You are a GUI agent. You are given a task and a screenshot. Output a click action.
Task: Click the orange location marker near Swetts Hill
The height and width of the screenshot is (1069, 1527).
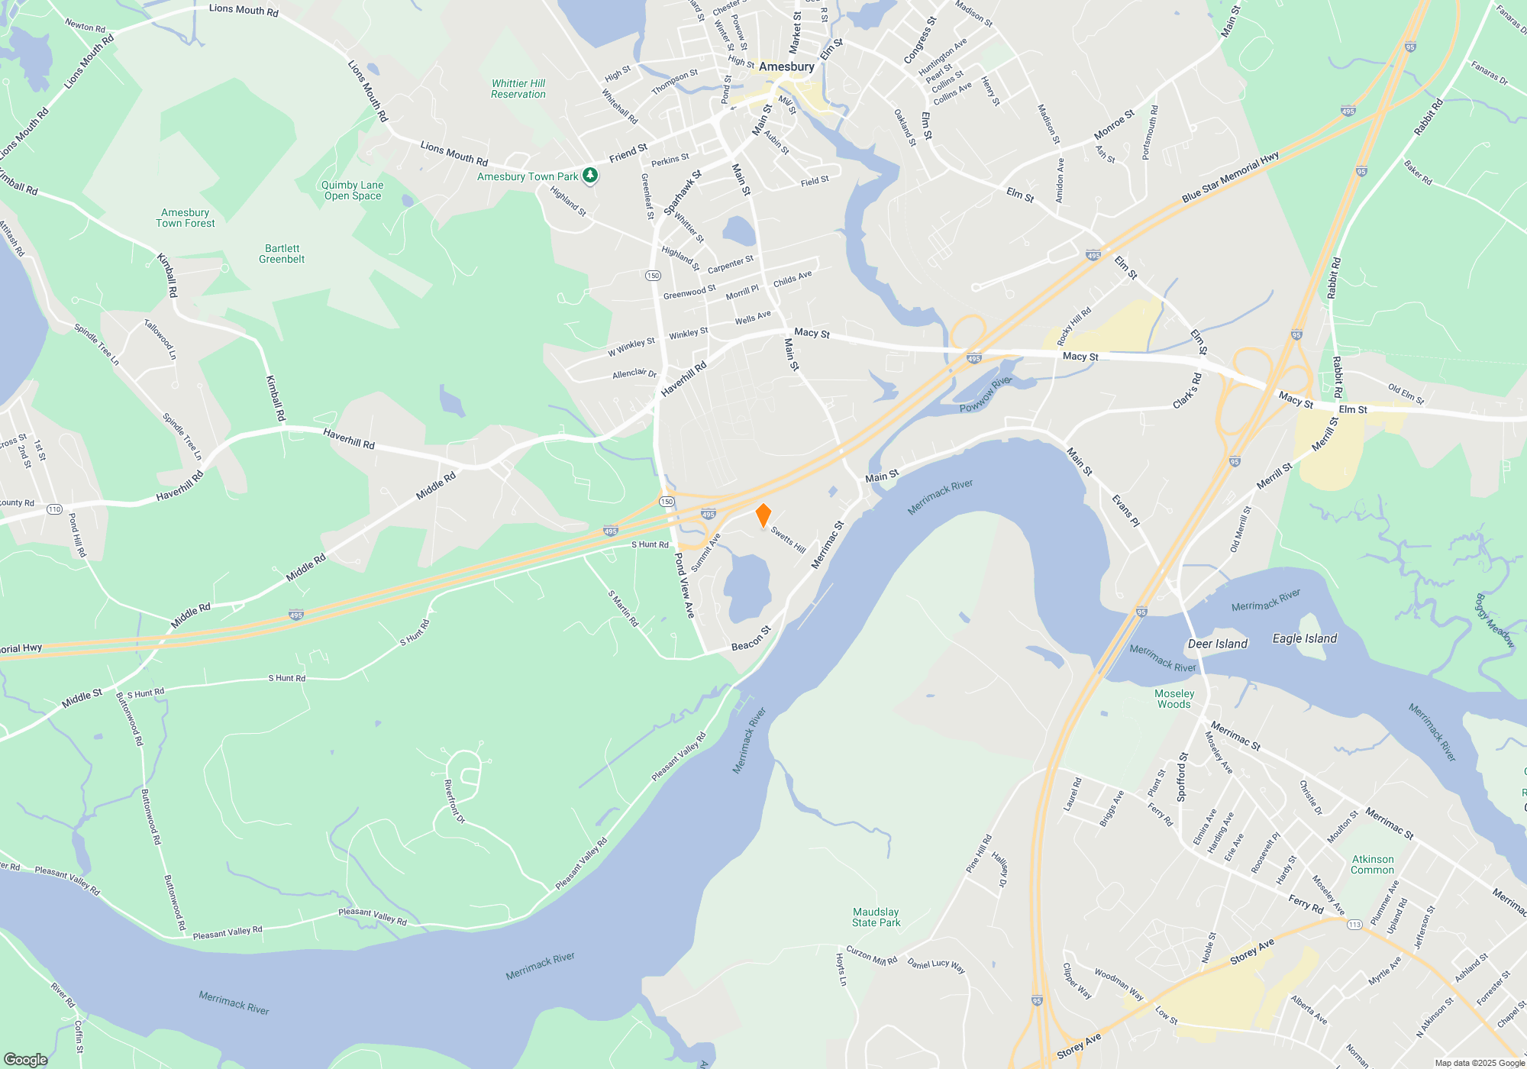(763, 515)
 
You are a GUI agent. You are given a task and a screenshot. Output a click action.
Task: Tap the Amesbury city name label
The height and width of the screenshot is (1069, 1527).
(786, 67)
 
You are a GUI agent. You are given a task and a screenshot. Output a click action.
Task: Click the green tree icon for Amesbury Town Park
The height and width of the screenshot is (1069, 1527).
(590, 176)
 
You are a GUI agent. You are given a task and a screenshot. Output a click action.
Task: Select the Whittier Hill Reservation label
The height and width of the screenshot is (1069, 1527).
(518, 89)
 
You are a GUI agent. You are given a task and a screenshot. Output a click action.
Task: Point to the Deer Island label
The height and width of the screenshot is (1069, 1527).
(1217, 644)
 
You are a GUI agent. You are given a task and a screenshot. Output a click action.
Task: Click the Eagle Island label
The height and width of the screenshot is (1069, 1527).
(1304, 638)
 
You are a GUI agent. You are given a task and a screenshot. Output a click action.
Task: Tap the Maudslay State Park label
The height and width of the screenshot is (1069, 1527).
(876, 917)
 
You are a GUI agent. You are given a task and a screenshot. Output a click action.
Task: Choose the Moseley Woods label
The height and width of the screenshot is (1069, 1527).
(1173, 699)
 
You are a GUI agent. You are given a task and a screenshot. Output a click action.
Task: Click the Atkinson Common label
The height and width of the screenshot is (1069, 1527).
(1372, 864)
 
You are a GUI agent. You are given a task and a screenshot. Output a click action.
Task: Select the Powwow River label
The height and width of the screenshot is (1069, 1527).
(985, 394)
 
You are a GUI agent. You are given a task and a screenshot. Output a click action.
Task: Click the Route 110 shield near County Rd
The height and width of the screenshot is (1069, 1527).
(54, 509)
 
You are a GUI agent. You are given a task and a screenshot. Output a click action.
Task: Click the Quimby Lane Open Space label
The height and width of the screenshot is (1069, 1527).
(352, 190)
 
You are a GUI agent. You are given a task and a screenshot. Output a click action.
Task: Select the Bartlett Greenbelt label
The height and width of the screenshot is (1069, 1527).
(282, 254)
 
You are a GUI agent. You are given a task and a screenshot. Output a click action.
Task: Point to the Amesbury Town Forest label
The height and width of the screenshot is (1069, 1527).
(185, 218)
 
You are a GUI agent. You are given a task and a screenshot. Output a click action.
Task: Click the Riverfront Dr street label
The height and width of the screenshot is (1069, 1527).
(454, 801)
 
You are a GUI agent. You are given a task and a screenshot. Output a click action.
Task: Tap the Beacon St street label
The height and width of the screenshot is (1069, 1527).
(751, 639)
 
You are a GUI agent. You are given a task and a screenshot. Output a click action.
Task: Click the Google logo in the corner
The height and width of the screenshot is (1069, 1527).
(25, 1059)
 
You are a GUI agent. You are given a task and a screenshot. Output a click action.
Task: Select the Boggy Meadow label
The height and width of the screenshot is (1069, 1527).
(1494, 621)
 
